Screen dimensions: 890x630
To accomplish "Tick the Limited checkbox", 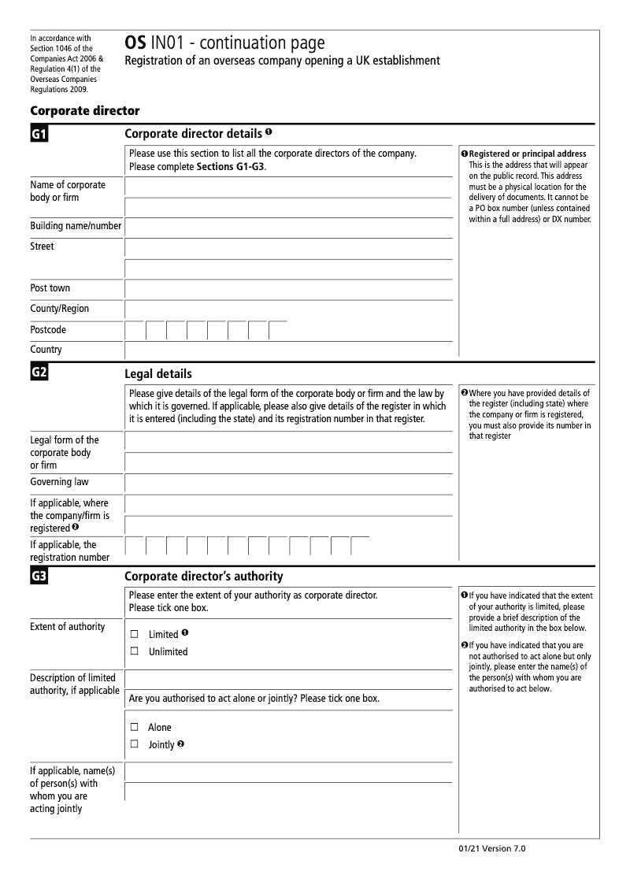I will [134, 634].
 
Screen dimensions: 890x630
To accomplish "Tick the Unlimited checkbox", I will [134, 651].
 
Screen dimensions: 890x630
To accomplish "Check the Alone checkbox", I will [134, 727].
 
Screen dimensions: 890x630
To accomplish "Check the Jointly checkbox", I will [134, 744].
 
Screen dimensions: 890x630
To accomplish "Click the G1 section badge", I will [39, 135].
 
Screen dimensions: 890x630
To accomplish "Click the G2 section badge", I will [39, 373].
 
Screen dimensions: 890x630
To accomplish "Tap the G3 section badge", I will [39, 577].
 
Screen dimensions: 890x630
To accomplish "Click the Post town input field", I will [288, 289].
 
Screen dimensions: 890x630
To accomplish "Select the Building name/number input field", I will [288, 227].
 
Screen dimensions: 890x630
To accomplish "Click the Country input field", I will [288, 350].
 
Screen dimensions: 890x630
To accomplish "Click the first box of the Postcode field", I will [135, 331].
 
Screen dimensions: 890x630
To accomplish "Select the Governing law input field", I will [288, 483].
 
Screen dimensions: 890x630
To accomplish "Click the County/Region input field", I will [288, 310].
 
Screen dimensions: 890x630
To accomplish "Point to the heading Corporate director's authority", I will [203, 577].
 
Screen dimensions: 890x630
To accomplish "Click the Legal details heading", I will [157, 373].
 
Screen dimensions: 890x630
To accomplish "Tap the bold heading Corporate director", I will [84, 111].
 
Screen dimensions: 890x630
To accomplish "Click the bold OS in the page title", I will [135, 43].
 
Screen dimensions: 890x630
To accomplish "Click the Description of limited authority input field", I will [288, 678].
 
